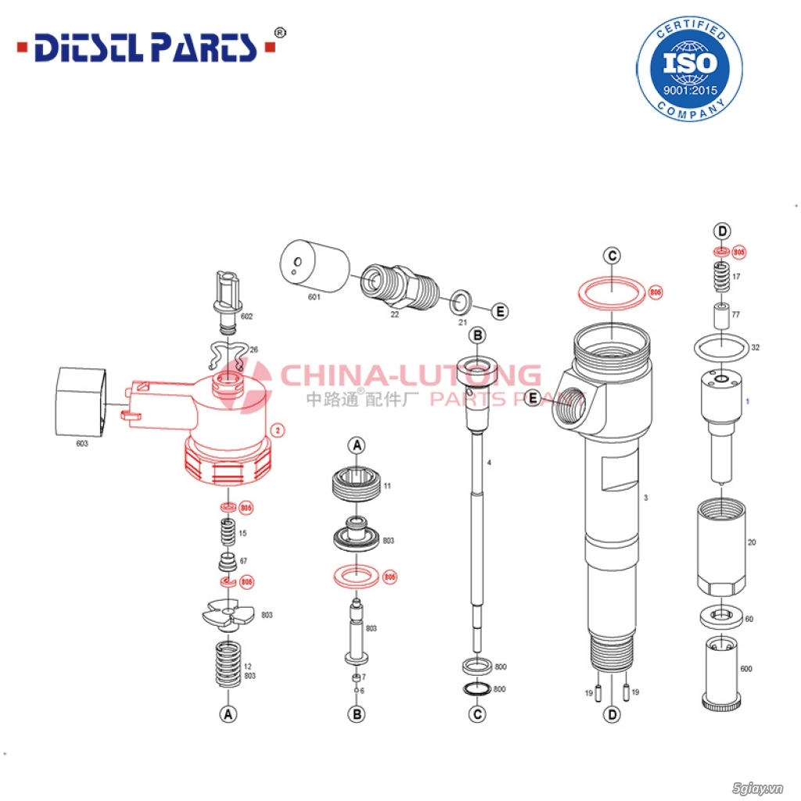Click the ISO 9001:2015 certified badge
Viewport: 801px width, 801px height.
pyautogui.click(x=689, y=69)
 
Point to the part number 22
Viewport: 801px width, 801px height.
pyautogui.click(x=395, y=314)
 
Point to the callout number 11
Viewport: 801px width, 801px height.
pyautogui.click(x=387, y=486)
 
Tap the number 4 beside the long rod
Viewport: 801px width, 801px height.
pyautogui.click(x=489, y=463)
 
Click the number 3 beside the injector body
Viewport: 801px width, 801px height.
pyautogui.click(x=645, y=497)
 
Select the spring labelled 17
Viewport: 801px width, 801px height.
pyautogui.click(x=720, y=276)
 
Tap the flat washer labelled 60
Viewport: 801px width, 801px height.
pyautogui.click(x=720, y=617)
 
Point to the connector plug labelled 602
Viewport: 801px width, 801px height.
pyautogui.click(x=224, y=301)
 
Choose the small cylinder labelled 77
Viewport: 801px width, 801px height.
pyautogui.click(x=720, y=316)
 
